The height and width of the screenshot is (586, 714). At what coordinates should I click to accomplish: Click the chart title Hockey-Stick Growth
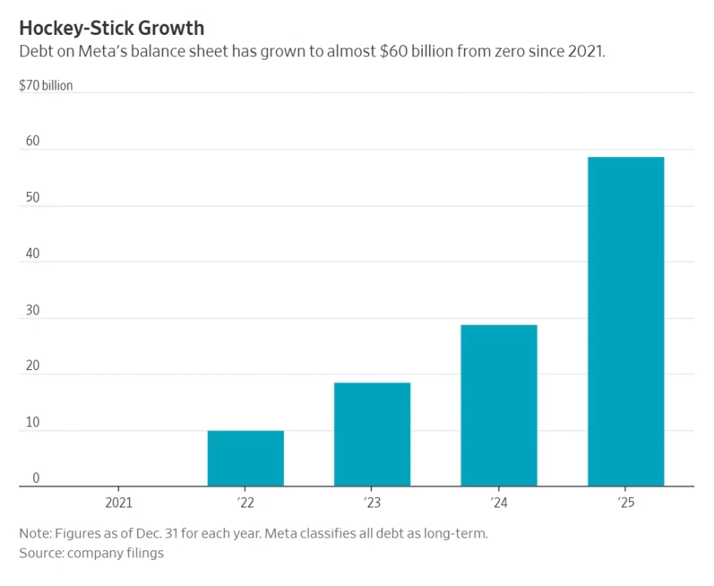point(112,29)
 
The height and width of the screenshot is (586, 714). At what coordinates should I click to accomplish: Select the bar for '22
point(245,458)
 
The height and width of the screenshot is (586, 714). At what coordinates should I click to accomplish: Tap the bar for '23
point(372,434)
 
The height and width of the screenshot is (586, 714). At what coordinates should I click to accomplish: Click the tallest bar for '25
point(626,322)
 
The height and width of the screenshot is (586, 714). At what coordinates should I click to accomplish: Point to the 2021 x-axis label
point(119,503)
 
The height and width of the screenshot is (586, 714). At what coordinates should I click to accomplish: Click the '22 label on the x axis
point(245,503)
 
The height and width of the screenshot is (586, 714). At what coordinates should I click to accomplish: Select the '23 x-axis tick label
point(372,503)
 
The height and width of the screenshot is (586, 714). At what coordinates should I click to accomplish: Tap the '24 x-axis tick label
point(499,503)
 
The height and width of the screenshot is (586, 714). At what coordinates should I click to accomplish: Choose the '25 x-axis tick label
point(626,503)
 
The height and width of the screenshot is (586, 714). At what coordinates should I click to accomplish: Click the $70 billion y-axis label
point(46,85)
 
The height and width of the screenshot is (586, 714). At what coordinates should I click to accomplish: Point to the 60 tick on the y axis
point(32,141)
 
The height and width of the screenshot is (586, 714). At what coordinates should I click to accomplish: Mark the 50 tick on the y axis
point(32,198)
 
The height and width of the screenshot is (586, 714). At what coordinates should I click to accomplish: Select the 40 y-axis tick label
point(32,254)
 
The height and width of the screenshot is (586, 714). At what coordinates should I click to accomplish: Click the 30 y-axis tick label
point(32,310)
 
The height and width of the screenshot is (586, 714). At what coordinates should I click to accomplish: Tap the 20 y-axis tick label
point(32,366)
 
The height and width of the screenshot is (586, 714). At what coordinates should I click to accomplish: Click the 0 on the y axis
point(36,479)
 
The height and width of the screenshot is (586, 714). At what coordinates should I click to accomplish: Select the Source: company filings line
point(91,553)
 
